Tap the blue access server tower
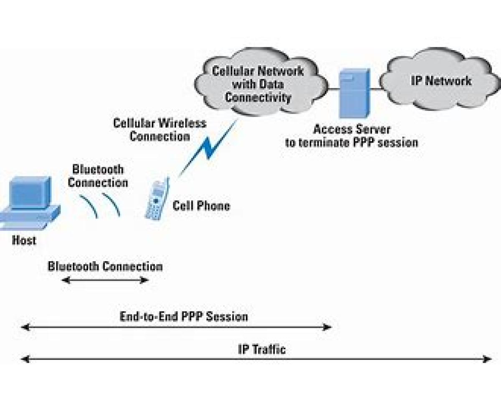[x=354, y=94]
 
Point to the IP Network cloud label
[x=441, y=81]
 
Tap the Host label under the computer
[x=24, y=240]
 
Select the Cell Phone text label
[x=201, y=206]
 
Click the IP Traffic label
[x=262, y=349]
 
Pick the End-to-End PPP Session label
[x=184, y=316]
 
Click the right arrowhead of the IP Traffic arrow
[x=487, y=359]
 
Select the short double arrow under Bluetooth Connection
[x=105, y=280]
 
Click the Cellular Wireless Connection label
[x=159, y=130]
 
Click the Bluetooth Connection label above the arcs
[x=98, y=176]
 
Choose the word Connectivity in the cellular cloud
[x=258, y=97]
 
